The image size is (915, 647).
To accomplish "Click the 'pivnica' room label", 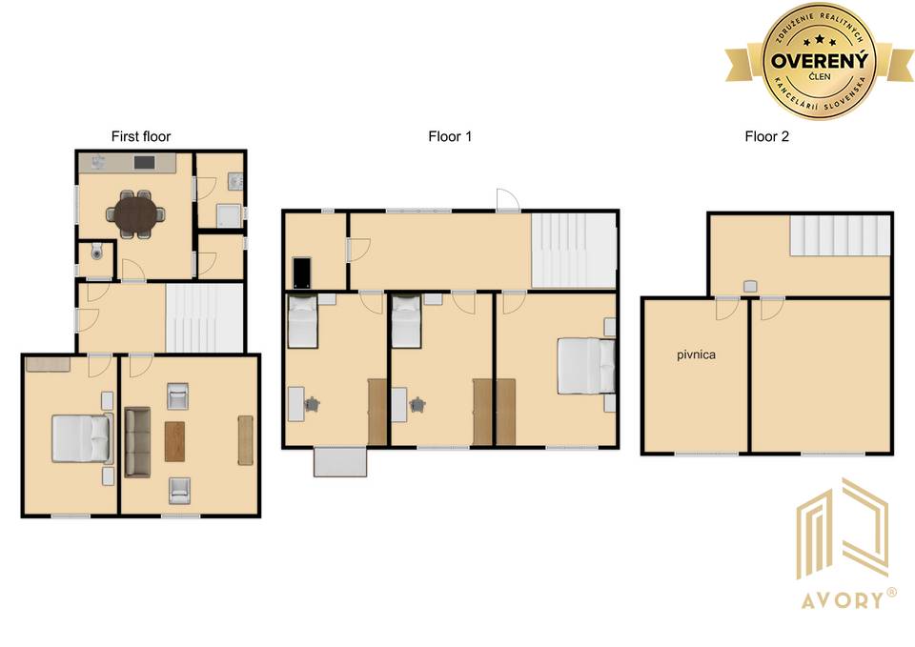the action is point(696,354).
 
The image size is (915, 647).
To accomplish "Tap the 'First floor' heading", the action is point(141,136).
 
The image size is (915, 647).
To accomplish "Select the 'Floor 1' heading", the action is point(449,136).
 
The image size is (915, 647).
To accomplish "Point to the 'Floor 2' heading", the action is point(766,136).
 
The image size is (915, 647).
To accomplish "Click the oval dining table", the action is point(135,214).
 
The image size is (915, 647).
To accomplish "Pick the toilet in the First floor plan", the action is point(97,252).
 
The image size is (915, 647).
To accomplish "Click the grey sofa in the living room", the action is point(137,441).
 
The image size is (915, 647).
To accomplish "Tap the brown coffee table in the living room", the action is point(174,441).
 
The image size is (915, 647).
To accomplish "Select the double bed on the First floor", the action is point(82,437).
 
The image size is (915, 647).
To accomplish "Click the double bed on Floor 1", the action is point(586,366).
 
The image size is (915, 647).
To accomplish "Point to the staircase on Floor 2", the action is point(840,235).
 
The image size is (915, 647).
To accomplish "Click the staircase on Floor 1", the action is point(573,251).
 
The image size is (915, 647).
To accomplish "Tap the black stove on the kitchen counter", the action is point(144,162).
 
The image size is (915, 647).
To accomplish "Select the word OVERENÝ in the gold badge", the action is point(820,60).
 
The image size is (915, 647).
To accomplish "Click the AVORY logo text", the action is point(842,600).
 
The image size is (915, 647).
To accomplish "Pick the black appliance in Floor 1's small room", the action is point(302,273).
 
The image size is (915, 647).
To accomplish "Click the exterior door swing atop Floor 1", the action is point(507,199).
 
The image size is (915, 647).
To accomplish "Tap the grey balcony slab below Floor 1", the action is point(340,461).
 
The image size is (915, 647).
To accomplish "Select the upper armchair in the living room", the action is point(177,396).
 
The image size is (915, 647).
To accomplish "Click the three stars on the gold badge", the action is point(820,41).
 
